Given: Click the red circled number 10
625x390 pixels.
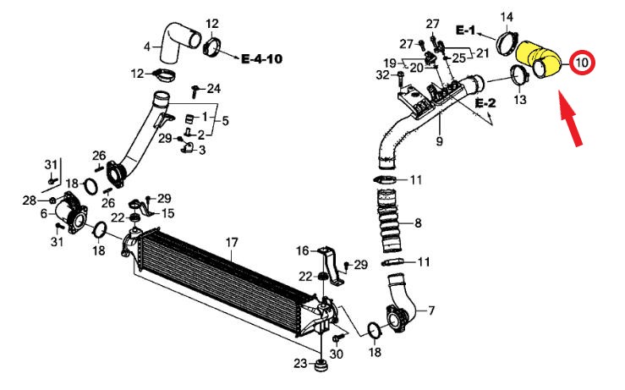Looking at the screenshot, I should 582,62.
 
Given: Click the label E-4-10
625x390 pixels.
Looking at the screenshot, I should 261,59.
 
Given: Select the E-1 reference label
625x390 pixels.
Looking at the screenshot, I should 466,30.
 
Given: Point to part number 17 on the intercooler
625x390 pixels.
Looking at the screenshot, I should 231,243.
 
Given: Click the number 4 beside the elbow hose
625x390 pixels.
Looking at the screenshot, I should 147,46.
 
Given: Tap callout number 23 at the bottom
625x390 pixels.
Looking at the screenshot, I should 299,365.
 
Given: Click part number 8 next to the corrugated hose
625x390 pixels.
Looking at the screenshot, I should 417,223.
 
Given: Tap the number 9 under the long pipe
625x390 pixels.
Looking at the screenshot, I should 439,141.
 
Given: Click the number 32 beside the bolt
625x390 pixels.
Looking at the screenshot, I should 383,75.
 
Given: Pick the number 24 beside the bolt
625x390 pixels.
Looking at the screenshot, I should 213,88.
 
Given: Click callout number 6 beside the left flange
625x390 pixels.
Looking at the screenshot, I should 43,215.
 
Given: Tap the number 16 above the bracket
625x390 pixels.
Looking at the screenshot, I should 303,250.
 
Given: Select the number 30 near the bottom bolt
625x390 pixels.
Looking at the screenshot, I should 337,354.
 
